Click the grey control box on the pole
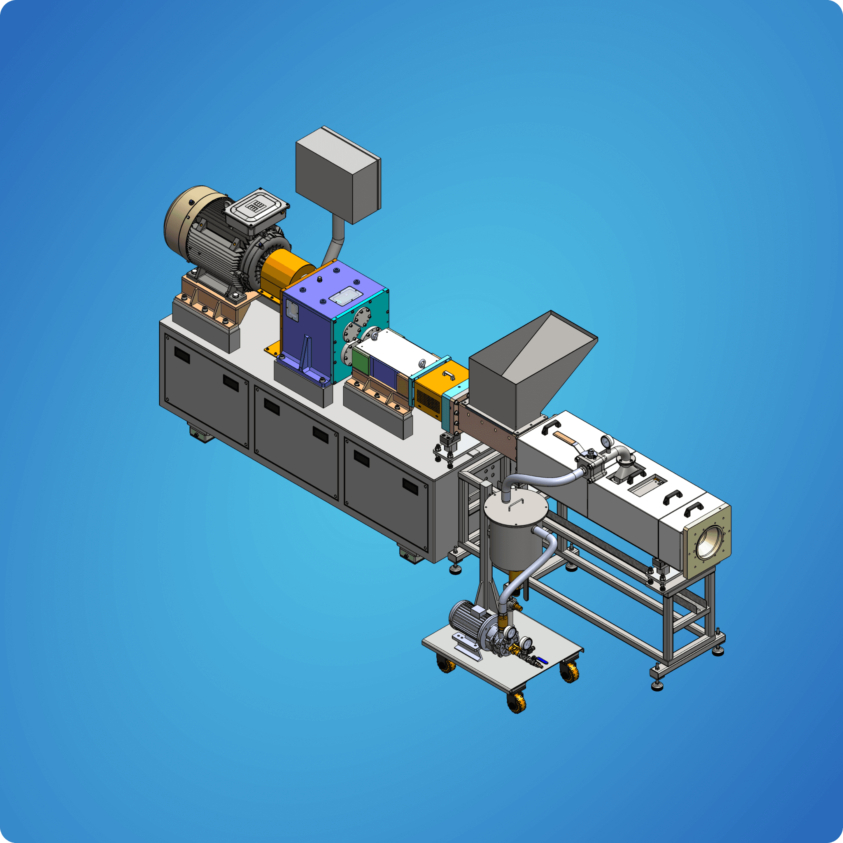click(x=336, y=175)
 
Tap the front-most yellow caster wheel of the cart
click(x=517, y=703)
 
